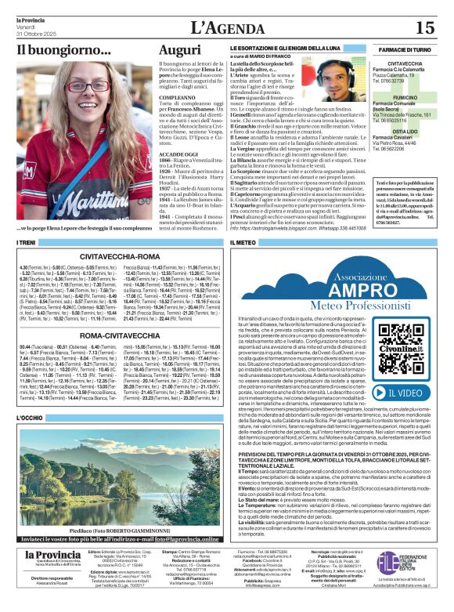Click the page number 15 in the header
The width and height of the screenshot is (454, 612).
click(424, 28)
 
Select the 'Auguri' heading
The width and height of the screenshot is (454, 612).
click(179, 51)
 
